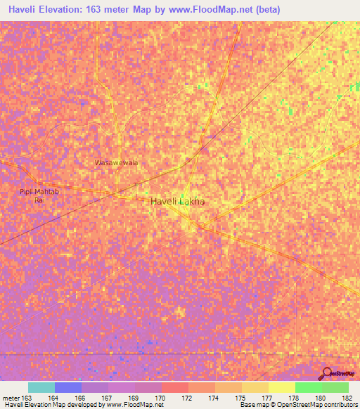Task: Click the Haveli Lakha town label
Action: (x=177, y=201)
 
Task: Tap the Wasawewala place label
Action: (x=116, y=162)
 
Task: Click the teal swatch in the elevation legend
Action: (x=41, y=387)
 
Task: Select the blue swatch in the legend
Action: (x=68, y=387)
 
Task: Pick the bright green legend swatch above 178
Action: (x=308, y=387)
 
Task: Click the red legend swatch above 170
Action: (x=174, y=387)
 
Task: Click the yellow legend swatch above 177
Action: (x=281, y=387)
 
